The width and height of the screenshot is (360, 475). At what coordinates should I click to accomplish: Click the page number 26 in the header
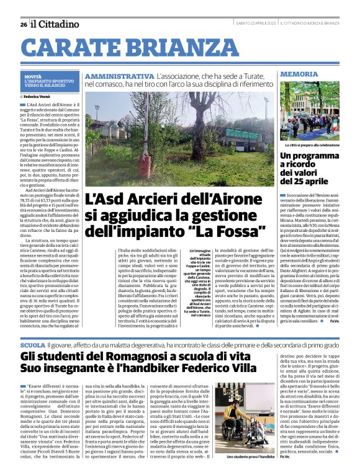click(x=23, y=24)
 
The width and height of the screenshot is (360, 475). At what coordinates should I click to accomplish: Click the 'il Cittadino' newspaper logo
click(x=56, y=24)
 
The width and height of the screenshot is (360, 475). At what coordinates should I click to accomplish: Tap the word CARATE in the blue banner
click(x=74, y=47)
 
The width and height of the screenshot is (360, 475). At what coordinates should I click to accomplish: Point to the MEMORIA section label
click(x=299, y=74)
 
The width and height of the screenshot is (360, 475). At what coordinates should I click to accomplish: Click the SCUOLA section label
click(x=32, y=344)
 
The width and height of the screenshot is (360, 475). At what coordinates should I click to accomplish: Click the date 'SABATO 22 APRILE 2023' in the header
click(x=252, y=23)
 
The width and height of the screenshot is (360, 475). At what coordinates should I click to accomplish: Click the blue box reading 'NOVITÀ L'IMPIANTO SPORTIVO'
click(x=49, y=81)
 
